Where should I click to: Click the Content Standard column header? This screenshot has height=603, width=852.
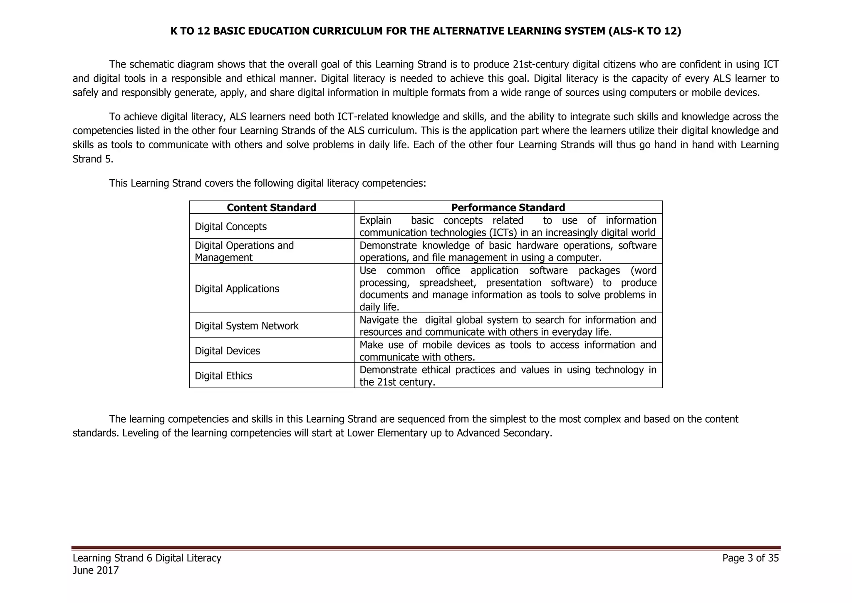point(271,207)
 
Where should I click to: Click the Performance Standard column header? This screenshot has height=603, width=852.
point(508,207)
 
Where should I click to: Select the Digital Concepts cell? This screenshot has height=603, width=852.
point(230,227)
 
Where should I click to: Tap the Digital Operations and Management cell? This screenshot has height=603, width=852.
point(244,251)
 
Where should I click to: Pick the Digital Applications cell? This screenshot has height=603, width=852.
point(237,289)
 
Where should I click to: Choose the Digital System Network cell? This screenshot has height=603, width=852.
point(246,326)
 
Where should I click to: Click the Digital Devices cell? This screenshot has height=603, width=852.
point(227,351)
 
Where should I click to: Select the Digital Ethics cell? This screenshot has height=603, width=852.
point(223,376)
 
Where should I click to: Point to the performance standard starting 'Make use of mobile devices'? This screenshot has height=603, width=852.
point(508,351)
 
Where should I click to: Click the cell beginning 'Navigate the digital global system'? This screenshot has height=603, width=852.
point(508,326)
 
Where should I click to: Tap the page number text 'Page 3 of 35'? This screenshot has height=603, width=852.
point(750,558)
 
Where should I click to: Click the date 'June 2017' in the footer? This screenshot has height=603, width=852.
point(96,570)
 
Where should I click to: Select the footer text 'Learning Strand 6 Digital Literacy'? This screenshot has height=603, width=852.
point(147,558)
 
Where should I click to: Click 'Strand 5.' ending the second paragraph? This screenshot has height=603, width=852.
point(93,159)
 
